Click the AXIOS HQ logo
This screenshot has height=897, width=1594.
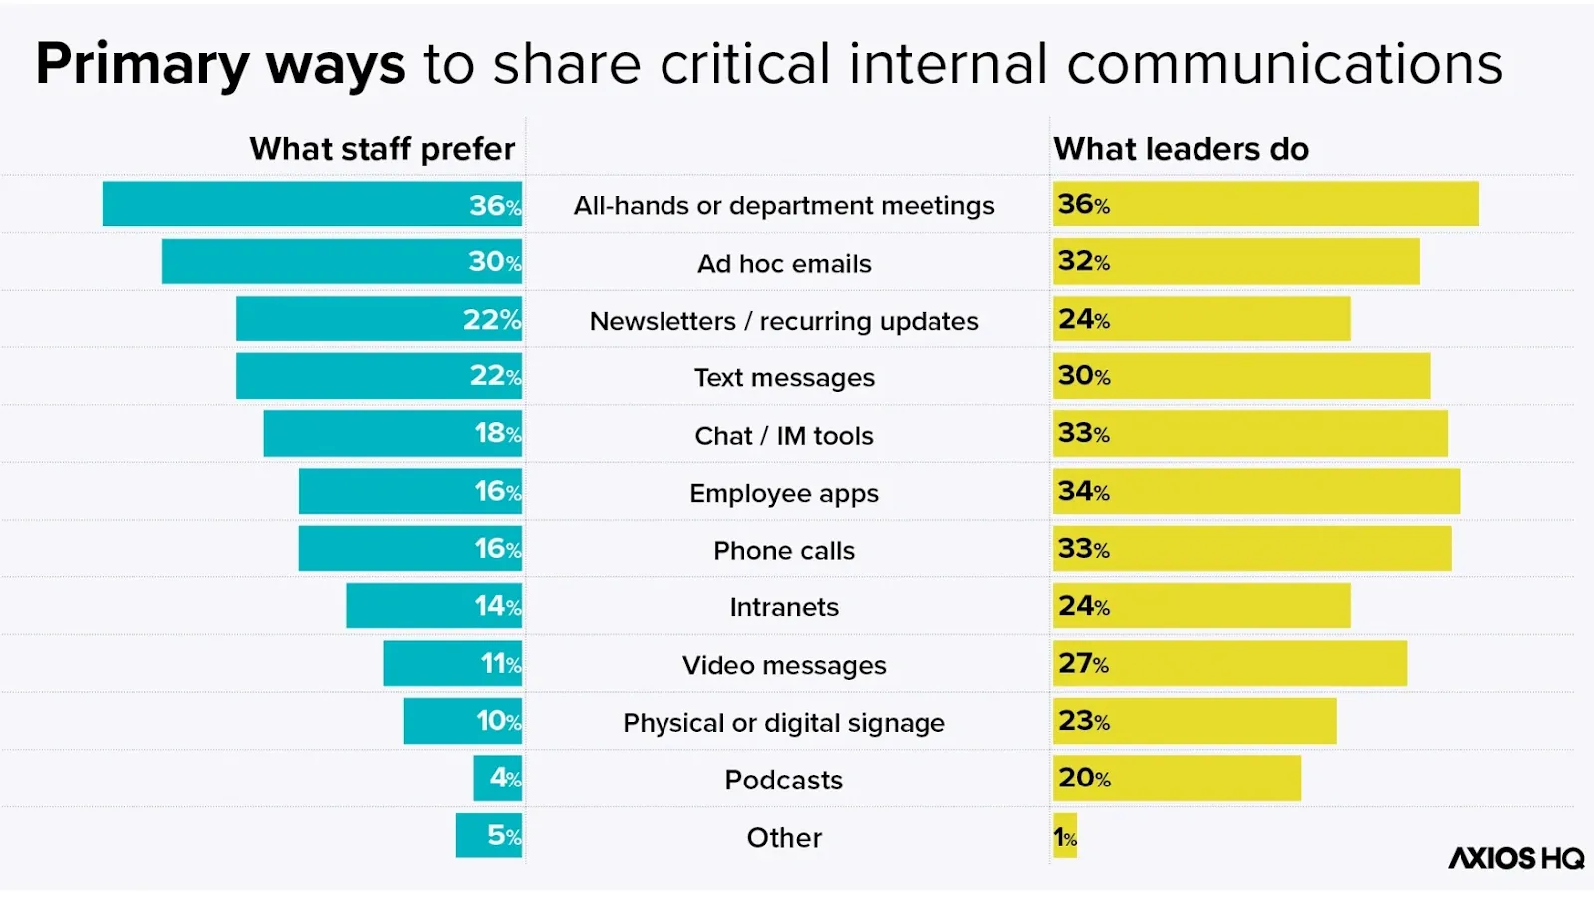(x=1515, y=858)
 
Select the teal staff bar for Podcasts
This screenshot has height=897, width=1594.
(x=498, y=778)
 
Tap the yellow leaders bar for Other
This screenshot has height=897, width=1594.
(x=1065, y=836)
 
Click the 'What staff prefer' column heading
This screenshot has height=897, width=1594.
(x=382, y=149)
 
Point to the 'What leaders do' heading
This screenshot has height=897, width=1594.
(x=1181, y=149)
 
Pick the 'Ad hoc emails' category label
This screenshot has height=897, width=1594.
(x=784, y=264)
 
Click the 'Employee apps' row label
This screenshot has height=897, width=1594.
(x=784, y=494)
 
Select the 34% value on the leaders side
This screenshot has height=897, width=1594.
(x=1083, y=491)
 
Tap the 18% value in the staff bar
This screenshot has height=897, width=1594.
(x=497, y=433)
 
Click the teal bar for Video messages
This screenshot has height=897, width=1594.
(x=452, y=663)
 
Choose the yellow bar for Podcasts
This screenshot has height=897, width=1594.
(x=1177, y=778)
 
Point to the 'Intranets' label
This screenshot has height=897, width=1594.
(x=784, y=607)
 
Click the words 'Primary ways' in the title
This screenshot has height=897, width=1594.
(x=220, y=64)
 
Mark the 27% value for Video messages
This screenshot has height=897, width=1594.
(x=1083, y=663)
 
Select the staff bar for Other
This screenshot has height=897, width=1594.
(x=489, y=835)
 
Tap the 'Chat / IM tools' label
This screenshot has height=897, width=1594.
(x=784, y=436)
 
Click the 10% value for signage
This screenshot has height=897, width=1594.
(x=498, y=721)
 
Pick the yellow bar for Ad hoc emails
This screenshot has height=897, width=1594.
(x=1235, y=261)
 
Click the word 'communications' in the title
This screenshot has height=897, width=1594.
(x=1284, y=64)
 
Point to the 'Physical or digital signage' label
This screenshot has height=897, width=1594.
(x=784, y=723)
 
